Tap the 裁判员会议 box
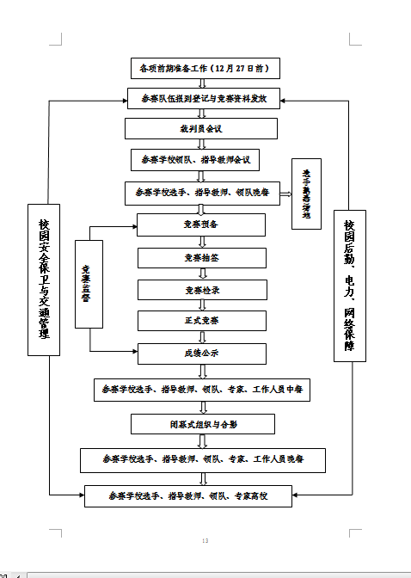pyautogui.click(x=201, y=128)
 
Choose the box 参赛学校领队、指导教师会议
pyautogui.click(x=201, y=160)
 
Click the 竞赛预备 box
pyautogui.click(x=201, y=224)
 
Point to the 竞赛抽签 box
pyautogui.click(x=201, y=257)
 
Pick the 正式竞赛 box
pyautogui.click(x=201, y=320)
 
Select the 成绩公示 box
pyautogui.click(x=201, y=352)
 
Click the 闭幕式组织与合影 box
pyautogui.click(x=203, y=423)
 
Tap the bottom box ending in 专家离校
pyautogui.click(x=188, y=496)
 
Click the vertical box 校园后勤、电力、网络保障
pyautogui.click(x=349, y=284)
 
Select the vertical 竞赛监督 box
pyautogui.click(x=89, y=285)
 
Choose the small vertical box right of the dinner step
pyautogui.click(x=306, y=194)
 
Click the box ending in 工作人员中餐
pyautogui.click(x=201, y=390)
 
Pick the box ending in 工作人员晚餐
pyautogui.click(x=203, y=459)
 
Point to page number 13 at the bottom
pyautogui.click(x=205, y=540)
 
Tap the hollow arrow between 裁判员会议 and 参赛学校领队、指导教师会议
pyautogui.click(x=201, y=144)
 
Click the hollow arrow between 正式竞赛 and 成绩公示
pyautogui.click(x=201, y=336)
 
